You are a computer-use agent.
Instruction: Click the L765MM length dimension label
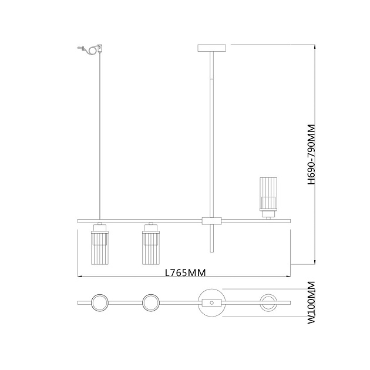(x=185, y=273)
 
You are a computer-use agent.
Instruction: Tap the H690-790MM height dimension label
(x=312, y=154)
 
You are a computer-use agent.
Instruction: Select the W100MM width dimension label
(x=312, y=302)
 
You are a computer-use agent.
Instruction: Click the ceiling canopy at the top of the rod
(x=211, y=48)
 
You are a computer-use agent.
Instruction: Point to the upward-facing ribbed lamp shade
(x=268, y=194)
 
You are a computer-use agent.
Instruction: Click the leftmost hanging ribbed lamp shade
(x=100, y=248)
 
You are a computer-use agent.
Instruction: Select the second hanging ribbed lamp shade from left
(x=151, y=248)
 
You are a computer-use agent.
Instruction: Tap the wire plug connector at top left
(x=90, y=49)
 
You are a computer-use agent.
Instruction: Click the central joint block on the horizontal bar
(x=211, y=221)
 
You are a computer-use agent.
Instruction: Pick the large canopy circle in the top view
(x=211, y=289)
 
